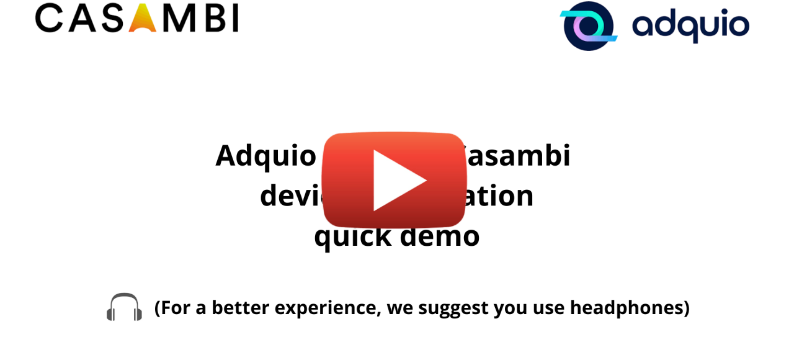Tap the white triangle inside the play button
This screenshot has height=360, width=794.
pyautogui.click(x=397, y=180)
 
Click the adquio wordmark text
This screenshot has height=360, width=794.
pyautogui.click(x=690, y=26)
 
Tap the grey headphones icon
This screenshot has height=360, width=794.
pyautogui.click(x=124, y=307)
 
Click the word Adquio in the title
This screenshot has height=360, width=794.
pyautogui.click(x=265, y=155)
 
